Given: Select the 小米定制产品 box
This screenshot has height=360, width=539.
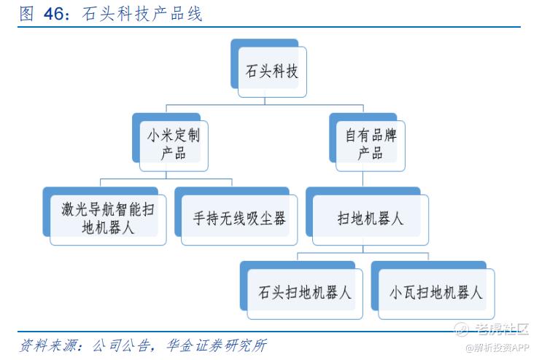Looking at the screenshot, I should click(x=173, y=144).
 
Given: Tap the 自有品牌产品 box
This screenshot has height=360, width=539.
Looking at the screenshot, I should click(x=370, y=144).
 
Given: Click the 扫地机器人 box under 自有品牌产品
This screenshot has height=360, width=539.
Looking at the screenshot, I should click(x=370, y=218).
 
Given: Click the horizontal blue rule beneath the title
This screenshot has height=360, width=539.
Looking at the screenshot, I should click(x=269, y=28).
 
